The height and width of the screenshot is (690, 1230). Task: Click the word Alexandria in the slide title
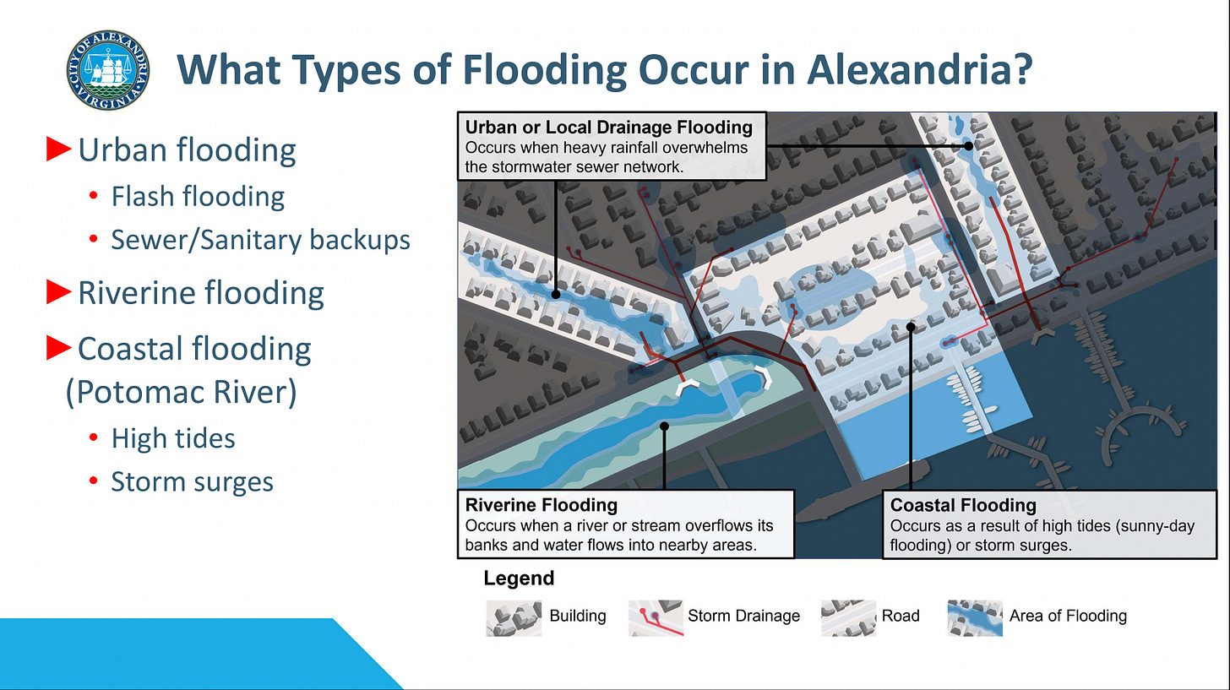(919, 68)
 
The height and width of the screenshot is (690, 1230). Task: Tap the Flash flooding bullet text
(198, 197)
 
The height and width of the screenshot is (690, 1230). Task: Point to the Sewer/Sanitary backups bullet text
(260, 240)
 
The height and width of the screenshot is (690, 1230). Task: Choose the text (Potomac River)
(181, 393)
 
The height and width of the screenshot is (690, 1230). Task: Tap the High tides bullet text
(173, 438)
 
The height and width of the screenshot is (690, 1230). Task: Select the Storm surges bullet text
(193, 482)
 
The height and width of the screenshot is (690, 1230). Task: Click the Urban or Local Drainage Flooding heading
(608, 128)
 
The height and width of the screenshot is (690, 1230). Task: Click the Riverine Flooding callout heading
(542, 505)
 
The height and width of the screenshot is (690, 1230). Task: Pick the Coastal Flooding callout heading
(963, 505)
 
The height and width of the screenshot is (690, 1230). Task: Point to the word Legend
(519, 579)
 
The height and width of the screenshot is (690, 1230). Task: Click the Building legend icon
(514, 617)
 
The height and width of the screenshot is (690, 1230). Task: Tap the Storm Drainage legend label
(743, 616)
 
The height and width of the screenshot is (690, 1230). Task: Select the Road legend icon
(848, 617)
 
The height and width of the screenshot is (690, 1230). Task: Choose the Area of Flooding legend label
(1068, 616)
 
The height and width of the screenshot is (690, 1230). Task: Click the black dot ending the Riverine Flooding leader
(665, 427)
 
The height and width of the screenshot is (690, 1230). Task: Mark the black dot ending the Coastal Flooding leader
(911, 326)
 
